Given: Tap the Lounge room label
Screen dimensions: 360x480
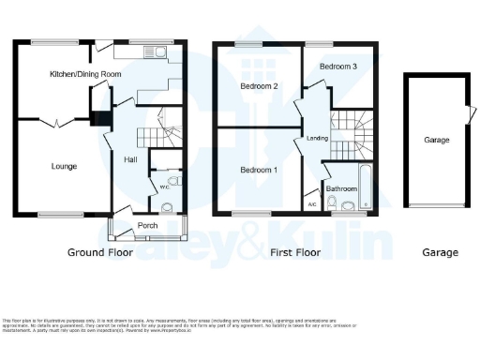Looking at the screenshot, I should coord(64,167).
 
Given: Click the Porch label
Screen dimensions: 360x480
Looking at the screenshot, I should coord(147,225).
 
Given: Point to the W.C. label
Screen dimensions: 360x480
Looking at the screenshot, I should coord(165,186).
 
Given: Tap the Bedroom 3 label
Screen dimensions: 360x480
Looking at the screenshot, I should coord(337,67).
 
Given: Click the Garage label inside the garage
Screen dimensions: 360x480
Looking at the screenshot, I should coord(437,141).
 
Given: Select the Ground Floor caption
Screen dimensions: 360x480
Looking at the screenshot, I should coord(99,252).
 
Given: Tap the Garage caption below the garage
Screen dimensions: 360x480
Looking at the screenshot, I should coord(439,252).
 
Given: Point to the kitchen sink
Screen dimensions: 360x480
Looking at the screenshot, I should coord(159,52).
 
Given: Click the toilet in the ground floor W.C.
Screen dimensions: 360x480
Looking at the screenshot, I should coord(173,182).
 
